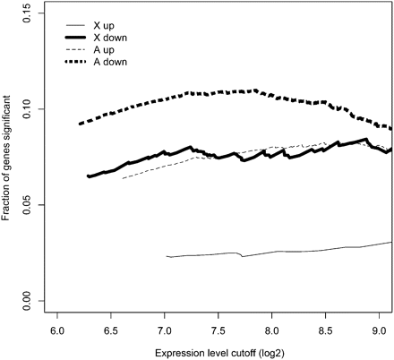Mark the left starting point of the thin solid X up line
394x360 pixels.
[167, 256]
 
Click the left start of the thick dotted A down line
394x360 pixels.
[80, 124]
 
